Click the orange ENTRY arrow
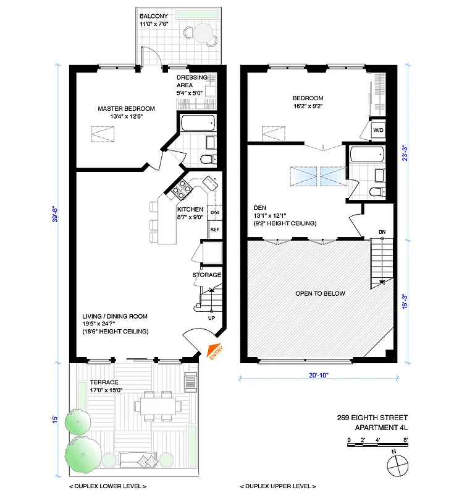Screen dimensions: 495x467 pos(214,351)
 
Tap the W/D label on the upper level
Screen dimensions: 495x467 pos(378,131)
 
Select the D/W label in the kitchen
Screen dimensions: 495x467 pos(215,213)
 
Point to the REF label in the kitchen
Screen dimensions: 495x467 pos(215,230)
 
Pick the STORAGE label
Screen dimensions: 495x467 pos(207,275)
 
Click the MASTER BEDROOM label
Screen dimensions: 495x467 pos(126,109)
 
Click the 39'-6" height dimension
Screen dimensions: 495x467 pos(55,214)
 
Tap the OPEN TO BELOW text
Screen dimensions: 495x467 pos(320,293)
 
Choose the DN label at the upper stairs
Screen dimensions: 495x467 pos(382,233)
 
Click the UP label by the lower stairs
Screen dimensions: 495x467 pos(211,318)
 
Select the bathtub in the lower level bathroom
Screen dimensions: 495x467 pos(198,123)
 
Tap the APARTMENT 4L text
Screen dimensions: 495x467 pos(381,428)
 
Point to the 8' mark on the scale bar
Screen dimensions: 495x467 pos(405,440)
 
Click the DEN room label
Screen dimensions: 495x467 pos(259,207)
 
